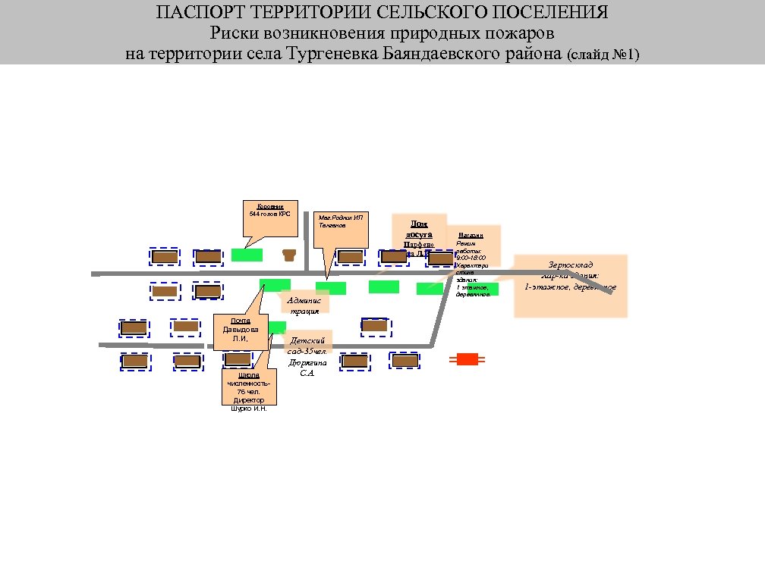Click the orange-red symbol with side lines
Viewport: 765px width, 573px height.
click(467, 359)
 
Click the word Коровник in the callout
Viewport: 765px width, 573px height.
click(270, 206)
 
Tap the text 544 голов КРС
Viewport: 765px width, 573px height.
click(270, 214)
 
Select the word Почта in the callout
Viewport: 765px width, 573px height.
click(241, 321)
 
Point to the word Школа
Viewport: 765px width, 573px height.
click(249, 375)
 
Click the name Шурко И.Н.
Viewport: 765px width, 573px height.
click(249, 409)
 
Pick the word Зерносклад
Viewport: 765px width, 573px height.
click(571, 265)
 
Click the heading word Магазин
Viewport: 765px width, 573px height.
click(471, 236)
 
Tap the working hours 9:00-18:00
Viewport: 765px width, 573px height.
click(471, 258)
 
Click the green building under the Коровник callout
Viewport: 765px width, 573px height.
click(247, 255)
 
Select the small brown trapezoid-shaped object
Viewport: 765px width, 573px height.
click(288, 255)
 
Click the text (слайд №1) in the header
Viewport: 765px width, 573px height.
click(603, 55)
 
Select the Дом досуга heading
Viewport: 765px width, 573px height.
click(419, 229)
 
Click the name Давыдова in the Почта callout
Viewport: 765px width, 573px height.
click(241, 330)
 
